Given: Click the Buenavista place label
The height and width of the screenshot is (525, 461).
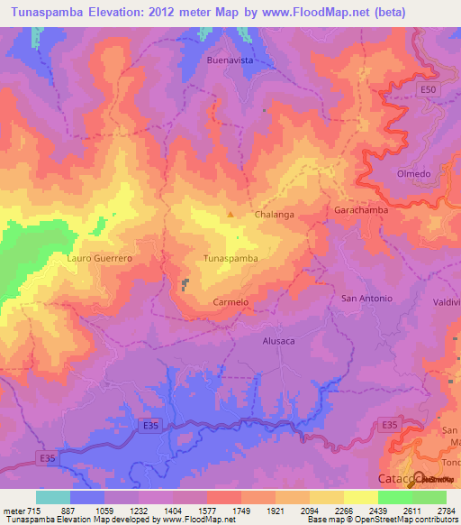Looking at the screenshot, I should [229, 60].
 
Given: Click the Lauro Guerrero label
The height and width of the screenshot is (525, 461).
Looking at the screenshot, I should [100, 258].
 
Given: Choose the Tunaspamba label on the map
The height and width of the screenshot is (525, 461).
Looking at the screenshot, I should [231, 258].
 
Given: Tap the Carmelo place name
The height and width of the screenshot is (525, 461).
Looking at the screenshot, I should [230, 302].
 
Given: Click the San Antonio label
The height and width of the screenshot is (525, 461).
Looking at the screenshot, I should [366, 299].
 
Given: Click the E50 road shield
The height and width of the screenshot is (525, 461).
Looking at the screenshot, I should [429, 91].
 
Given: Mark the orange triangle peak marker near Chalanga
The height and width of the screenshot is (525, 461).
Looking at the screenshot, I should [230, 215].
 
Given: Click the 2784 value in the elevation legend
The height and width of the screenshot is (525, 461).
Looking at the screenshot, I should [446, 510].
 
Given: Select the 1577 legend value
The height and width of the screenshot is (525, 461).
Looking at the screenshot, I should [207, 510].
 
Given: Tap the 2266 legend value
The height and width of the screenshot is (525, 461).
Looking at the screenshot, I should [344, 510].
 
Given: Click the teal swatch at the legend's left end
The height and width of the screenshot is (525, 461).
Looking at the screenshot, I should [53, 497].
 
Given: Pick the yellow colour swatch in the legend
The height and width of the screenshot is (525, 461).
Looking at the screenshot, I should [360, 497].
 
